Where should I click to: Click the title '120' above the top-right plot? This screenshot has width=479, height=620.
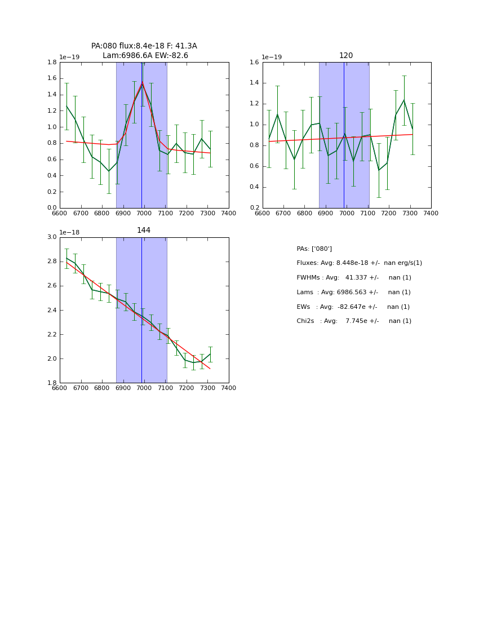(346, 56)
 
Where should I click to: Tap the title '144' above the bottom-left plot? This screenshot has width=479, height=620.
(144, 231)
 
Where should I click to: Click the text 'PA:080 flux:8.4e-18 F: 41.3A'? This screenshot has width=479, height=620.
(144, 46)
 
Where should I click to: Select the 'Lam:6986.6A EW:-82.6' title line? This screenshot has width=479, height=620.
(145, 56)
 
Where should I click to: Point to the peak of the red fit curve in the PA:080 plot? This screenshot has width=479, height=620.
(142, 82)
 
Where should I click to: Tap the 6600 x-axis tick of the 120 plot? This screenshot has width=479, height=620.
(263, 214)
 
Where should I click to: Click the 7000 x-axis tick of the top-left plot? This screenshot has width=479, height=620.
(144, 214)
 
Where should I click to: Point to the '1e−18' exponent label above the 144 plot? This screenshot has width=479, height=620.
(69, 232)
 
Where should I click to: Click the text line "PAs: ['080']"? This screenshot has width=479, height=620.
(314, 249)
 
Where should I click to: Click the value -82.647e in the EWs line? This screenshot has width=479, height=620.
(352, 307)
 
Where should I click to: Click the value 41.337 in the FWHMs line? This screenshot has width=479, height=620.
(356, 278)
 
